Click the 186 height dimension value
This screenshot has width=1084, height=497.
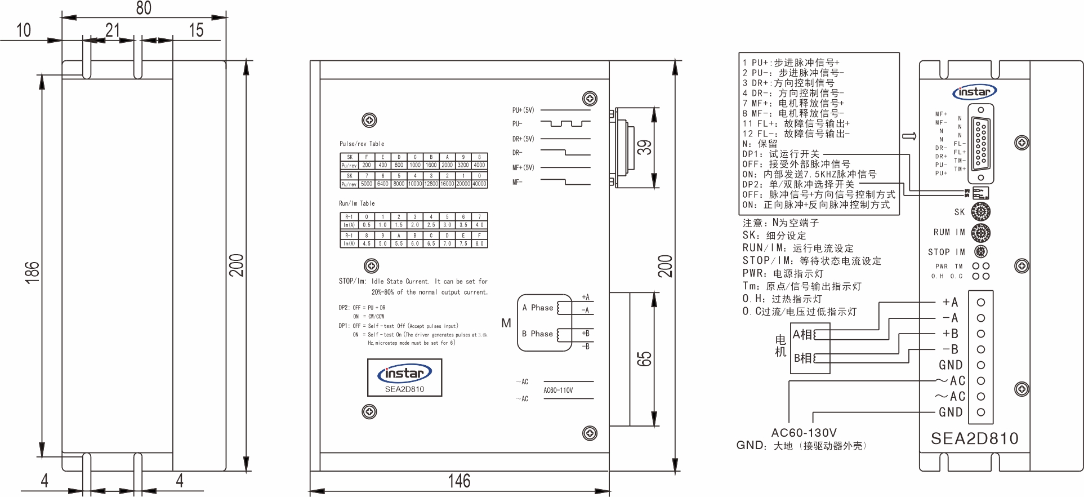click(x=33, y=272)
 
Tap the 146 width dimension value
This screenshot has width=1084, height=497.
click(x=459, y=481)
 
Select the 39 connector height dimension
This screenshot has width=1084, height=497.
click(x=644, y=148)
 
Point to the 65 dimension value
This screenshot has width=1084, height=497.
click(x=644, y=359)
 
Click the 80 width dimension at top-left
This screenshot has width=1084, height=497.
click(x=144, y=8)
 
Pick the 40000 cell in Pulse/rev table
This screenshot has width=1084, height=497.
click(x=479, y=184)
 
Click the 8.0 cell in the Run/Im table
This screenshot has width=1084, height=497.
click(x=479, y=243)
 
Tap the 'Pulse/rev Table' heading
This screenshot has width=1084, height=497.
click(x=362, y=144)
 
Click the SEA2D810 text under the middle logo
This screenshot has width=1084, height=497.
click(x=404, y=389)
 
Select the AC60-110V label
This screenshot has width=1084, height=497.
click(x=558, y=390)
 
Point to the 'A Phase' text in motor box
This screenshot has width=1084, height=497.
click(x=537, y=308)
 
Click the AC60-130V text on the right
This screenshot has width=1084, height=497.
click(x=804, y=433)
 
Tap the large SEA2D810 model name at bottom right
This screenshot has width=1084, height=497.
click(x=974, y=438)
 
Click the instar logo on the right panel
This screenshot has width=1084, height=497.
click(x=974, y=92)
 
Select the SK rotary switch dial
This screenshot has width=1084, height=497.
click(x=981, y=212)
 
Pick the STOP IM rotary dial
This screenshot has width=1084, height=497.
click(x=981, y=252)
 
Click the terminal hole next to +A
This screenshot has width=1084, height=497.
click(x=981, y=303)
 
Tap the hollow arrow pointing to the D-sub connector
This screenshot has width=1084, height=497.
click(x=909, y=136)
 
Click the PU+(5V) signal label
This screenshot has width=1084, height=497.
click(x=523, y=110)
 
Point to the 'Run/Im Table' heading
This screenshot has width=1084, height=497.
click(x=356, y=203)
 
